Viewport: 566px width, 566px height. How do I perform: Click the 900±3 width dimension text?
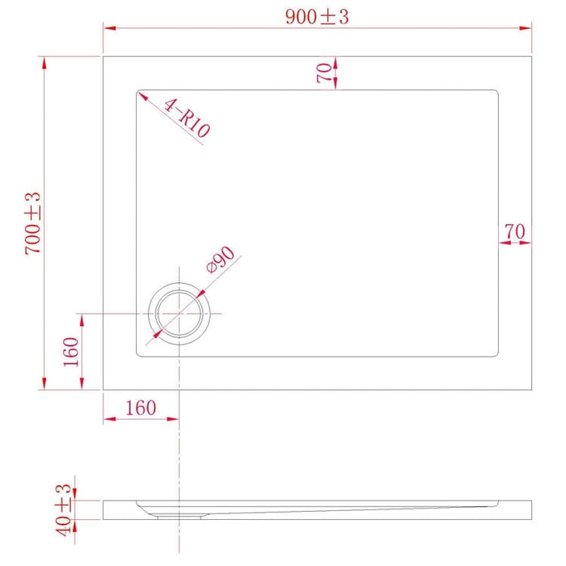click(316, 17)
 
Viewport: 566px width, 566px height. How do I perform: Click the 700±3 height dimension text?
click(33, 224)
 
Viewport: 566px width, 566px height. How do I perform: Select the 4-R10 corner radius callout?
click(187, 117)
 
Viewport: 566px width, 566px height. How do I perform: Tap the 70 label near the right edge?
click(515, 231)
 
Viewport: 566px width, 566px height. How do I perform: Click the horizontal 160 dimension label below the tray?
click(141, 408)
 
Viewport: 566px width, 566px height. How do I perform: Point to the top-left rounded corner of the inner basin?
click(139, 92)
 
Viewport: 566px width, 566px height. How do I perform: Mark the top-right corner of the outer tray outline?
click(531, 56)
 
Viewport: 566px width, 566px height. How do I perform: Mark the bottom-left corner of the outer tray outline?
click(103, 389)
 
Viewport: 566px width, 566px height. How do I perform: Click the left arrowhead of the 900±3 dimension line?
click(107, 27)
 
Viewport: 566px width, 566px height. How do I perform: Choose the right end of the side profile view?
click(531, 509)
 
